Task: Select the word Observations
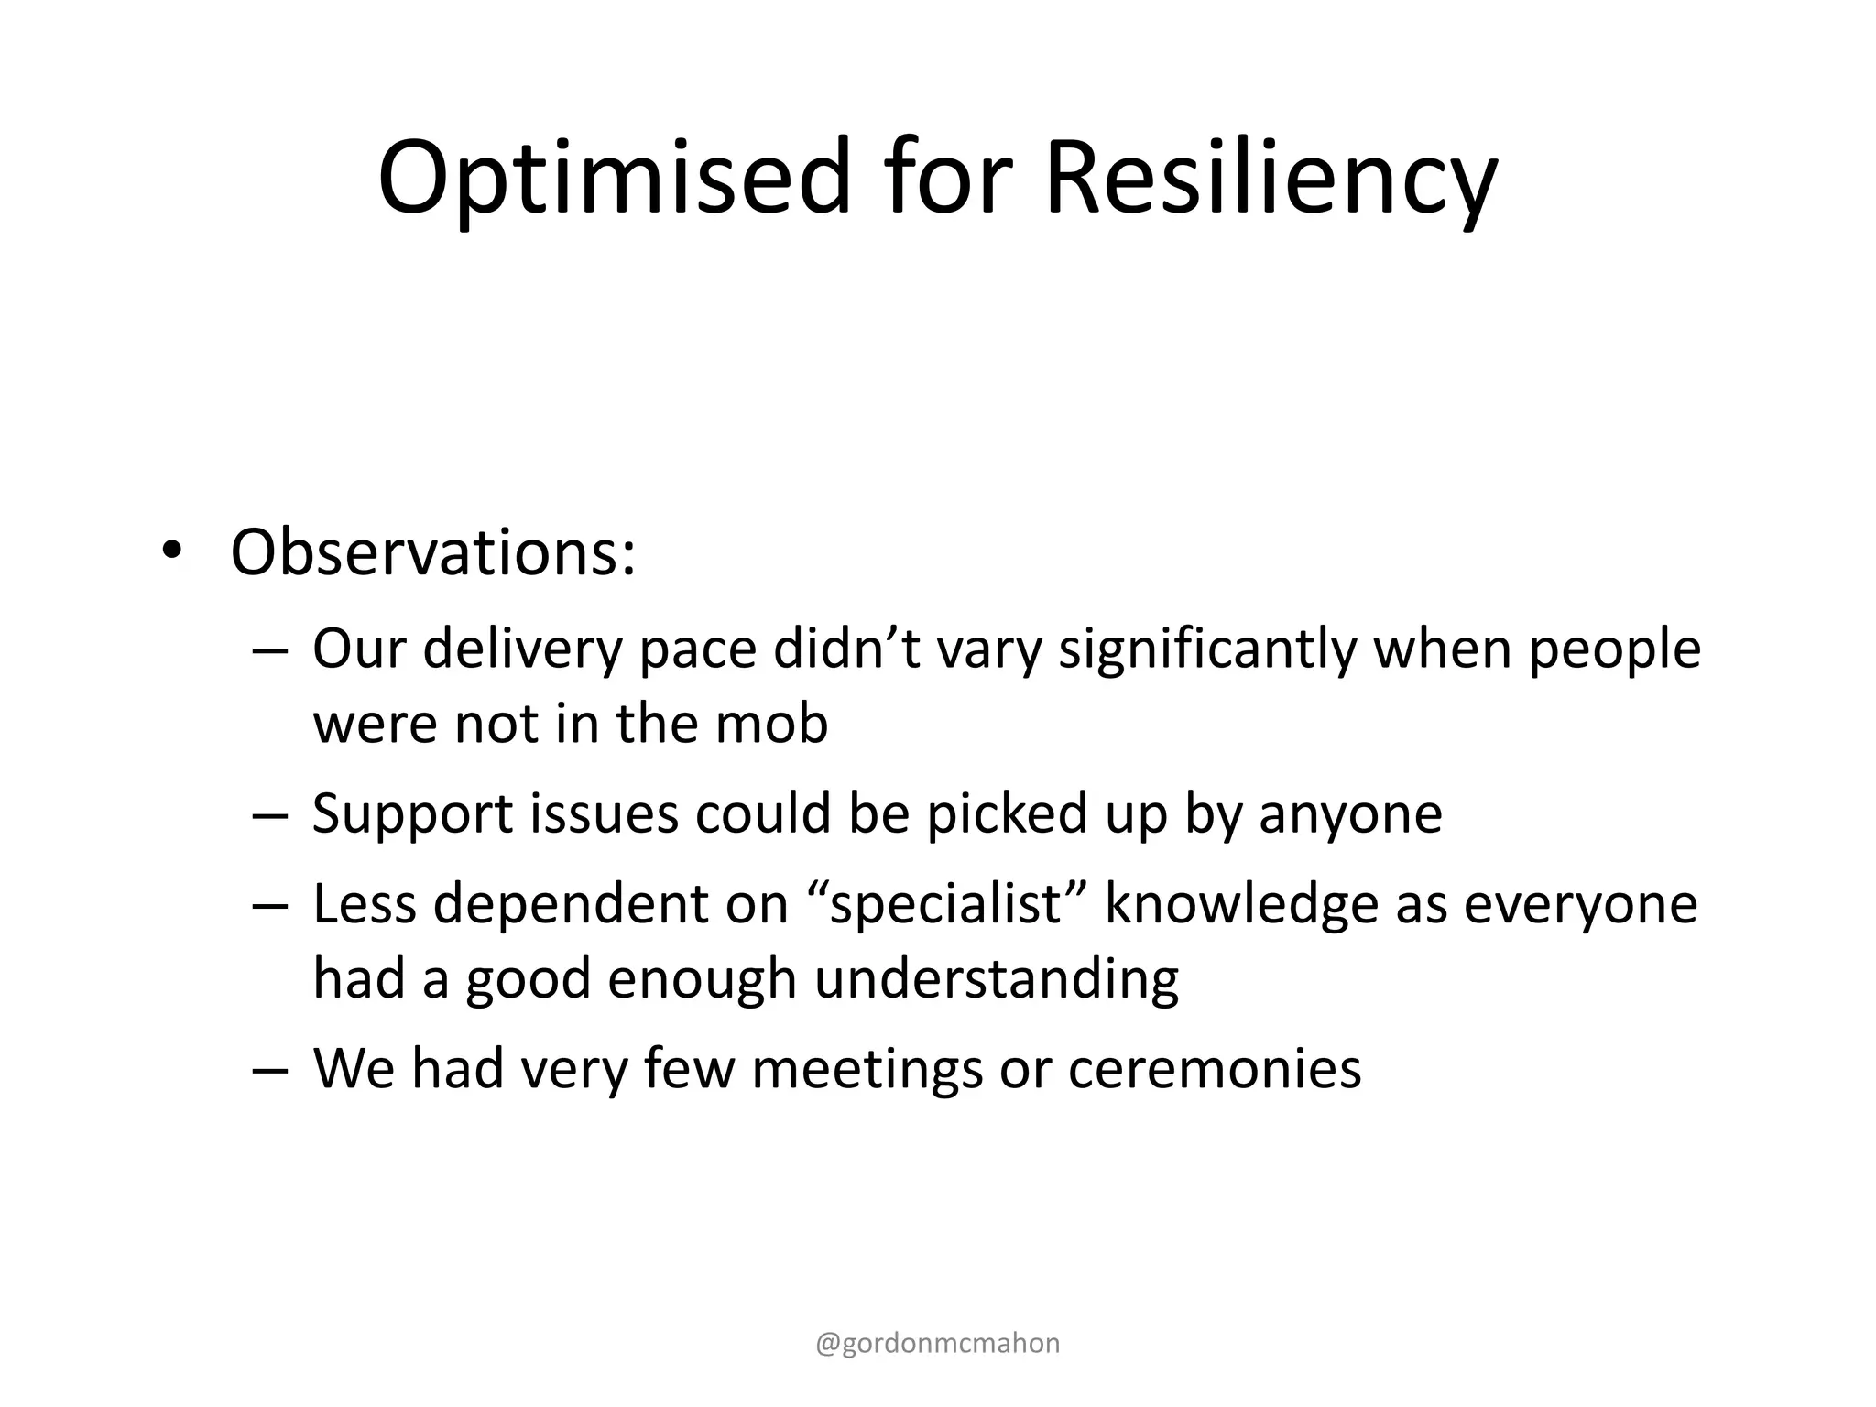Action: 432,553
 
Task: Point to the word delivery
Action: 522,649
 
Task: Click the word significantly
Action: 1207,649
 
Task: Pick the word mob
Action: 770,724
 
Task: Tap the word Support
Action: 412,813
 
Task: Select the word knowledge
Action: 1241,904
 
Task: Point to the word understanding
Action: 996,978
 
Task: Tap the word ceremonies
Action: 1215,1068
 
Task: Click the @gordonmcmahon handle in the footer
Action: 938,1343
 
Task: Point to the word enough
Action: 702,978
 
